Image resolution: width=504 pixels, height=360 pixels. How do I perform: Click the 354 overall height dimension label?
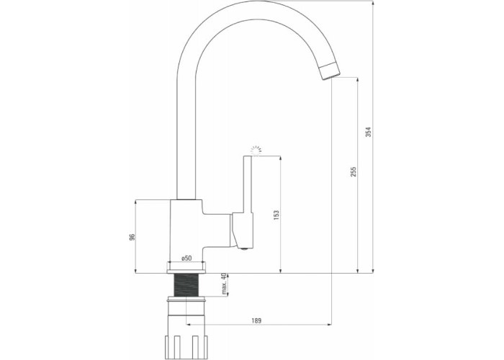tap(369, 132)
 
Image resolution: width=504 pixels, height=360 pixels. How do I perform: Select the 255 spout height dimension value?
tap(354, 171)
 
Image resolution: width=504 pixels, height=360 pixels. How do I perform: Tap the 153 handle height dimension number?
tap(276, 215)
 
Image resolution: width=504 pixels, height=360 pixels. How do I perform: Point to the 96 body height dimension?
tap(132, 237)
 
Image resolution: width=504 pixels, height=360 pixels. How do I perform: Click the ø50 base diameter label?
tap(186, 258)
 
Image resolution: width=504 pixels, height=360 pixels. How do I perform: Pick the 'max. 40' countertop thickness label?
tap(225, 284)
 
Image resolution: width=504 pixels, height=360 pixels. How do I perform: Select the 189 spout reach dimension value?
tap(256, 320)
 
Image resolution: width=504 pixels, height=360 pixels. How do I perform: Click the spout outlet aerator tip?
tap(330, 71)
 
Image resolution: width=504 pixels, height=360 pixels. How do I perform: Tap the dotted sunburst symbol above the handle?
tap(256, 150)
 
